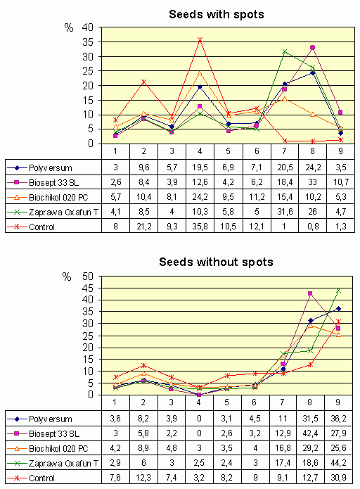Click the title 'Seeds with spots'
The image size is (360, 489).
(217, 14)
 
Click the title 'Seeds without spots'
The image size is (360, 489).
(216, 262)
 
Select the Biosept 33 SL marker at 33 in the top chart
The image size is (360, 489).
(312, 47)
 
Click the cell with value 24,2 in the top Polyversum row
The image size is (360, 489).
(313, 167)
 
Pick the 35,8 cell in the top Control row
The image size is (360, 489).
(200, 227)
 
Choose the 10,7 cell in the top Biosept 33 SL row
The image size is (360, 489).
(341, 182)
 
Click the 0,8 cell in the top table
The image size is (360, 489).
(313, 227)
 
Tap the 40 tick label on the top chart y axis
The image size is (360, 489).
(88, 27)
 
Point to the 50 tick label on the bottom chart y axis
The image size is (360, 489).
(88, 277)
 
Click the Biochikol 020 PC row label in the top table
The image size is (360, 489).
(58, 198)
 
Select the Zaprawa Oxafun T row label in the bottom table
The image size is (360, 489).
(63, 464)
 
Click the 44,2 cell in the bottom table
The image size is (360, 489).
(338, 463)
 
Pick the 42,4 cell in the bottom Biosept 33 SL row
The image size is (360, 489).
(311, 433)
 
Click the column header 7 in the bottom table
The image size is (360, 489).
(282, 402)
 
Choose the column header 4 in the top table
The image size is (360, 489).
(200, 151)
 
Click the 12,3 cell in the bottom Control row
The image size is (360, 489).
(143, 478)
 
